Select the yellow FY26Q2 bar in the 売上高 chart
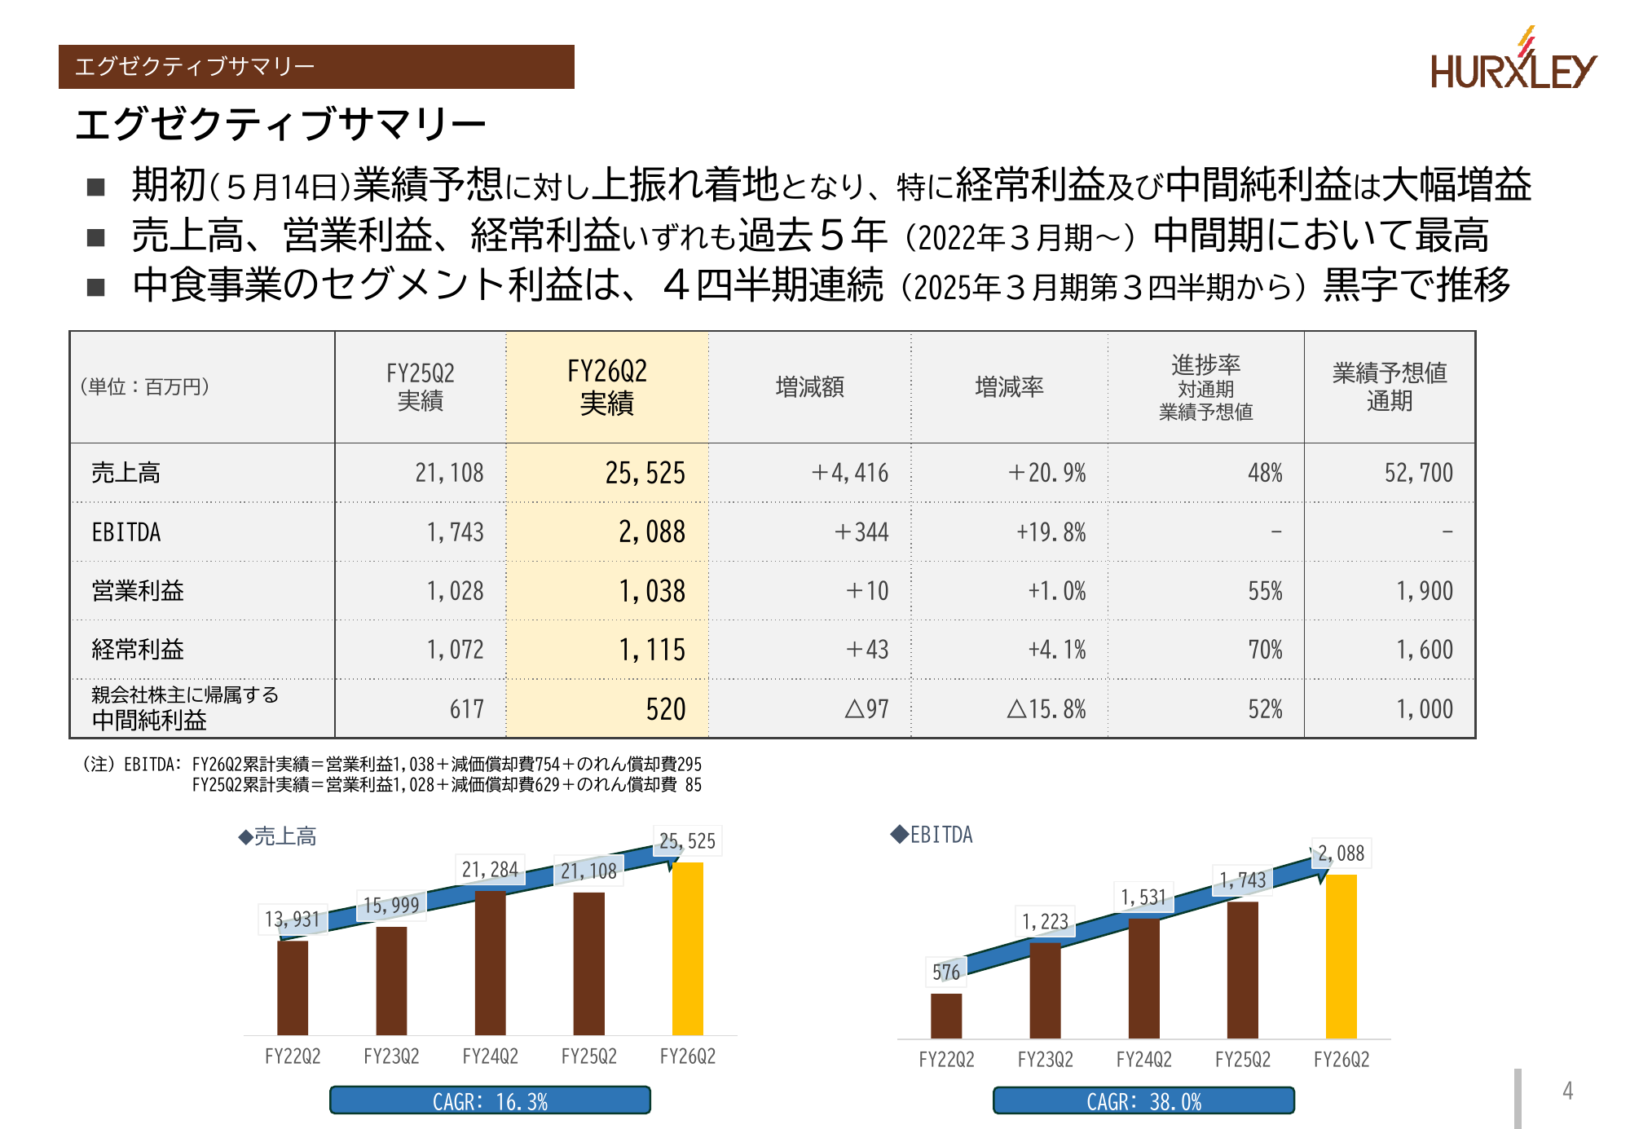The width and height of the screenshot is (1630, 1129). pos(687,949)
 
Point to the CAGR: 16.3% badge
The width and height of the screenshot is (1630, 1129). pos(490,1100)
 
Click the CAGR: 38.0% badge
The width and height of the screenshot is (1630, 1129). pos(1143,1100)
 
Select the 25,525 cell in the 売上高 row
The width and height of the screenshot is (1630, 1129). pos(645,473)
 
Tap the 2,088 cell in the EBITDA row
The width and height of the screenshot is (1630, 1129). pos(651,532)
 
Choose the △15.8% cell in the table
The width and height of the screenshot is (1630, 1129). pos(1046,709)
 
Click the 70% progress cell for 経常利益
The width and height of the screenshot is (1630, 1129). pos(1265,650)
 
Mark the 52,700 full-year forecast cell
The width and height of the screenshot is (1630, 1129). pos(1418,473)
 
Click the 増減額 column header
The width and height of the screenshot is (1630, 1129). pos(809,387)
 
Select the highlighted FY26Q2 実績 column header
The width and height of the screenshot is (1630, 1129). pos(607,387)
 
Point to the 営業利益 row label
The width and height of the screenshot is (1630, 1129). pos(138,591)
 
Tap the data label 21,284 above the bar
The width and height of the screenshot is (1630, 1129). pos(490,870)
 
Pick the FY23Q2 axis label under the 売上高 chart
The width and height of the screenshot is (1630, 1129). pos(391,1056)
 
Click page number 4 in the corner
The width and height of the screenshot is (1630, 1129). pos(1567,1091)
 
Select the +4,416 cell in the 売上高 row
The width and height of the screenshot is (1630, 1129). pos(850,473)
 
